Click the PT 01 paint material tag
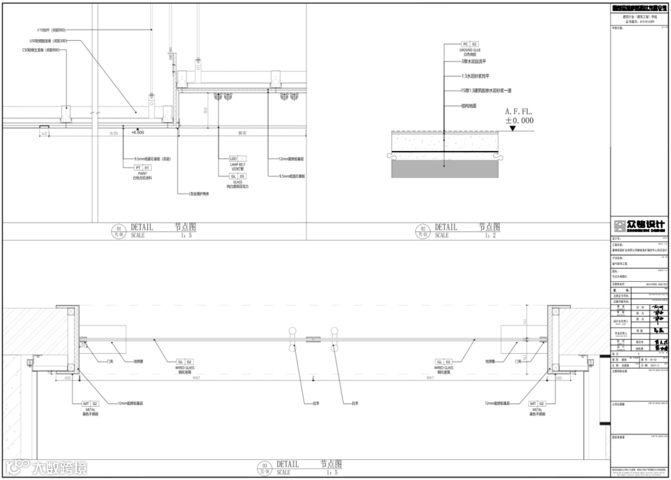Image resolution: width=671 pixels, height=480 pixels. click(142, 168)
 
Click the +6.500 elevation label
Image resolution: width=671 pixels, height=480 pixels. click(137, 132)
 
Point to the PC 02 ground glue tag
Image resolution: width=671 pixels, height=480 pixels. click(470, 45)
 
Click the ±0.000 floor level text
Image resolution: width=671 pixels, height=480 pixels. click(519, 120)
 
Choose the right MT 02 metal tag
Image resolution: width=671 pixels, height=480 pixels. click(537, 404)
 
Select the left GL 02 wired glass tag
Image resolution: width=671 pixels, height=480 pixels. click(186, 361)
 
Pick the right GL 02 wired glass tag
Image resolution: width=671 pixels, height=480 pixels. click(444, 361)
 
